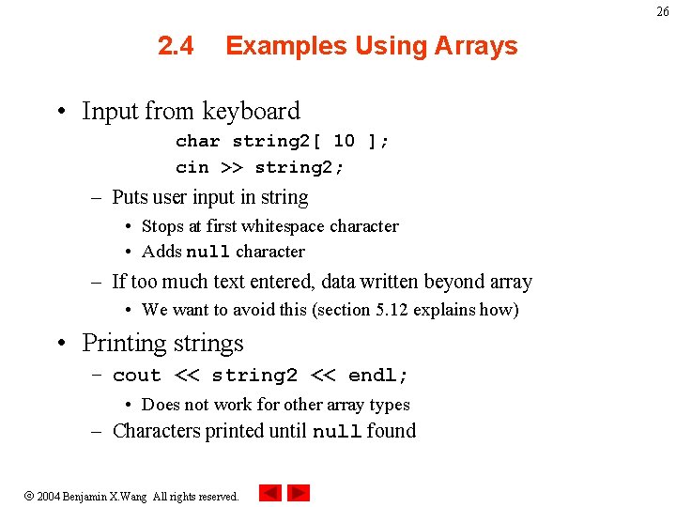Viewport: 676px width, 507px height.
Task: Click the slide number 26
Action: pos(663,11)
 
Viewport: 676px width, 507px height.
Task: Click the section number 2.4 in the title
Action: pos(176,46)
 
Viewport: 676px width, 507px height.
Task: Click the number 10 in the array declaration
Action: pos(344,141)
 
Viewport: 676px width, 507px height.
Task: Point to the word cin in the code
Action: pos(192,167)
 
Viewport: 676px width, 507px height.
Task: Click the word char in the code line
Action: pos(197,141)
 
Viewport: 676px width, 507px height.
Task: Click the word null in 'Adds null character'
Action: pos(207,252)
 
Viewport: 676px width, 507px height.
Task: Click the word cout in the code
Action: pos(136,376)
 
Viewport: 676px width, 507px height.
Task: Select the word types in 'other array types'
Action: pos(390,405)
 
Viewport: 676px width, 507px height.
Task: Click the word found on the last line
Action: pos(392,431)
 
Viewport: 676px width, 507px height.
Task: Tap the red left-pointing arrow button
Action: pos(269,493)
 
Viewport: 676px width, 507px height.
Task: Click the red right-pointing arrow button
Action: pos(299,493)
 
